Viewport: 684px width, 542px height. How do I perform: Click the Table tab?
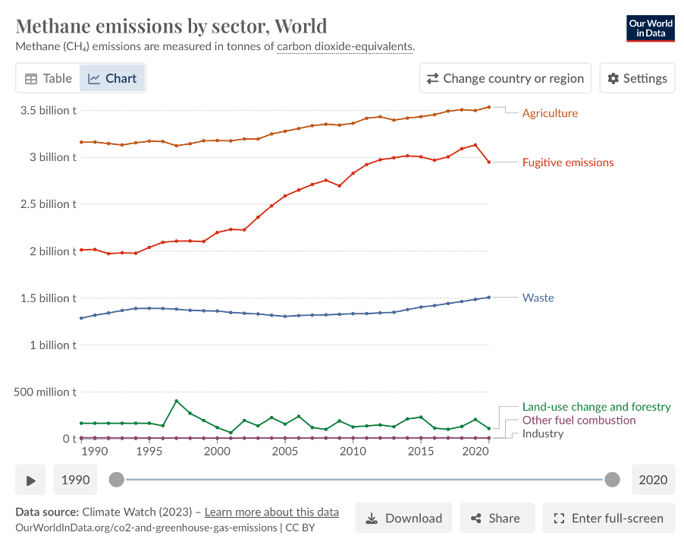[49, 78]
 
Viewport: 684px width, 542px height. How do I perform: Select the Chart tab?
[112, 78]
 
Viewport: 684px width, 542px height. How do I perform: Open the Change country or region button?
[506, 78]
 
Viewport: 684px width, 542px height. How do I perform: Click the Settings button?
[638, 78]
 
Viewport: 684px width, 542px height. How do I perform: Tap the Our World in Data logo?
[650, 29]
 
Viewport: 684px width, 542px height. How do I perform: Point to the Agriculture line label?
[550, 113]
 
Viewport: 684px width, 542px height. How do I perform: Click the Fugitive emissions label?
[568, 162]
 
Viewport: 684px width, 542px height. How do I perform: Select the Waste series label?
[538, 298]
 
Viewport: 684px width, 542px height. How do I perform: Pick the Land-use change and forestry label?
[597, 407]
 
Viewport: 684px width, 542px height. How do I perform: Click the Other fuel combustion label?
[579, 421]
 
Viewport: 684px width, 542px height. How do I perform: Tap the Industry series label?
[543, 434]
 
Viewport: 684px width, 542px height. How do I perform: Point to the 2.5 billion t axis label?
[47, 204]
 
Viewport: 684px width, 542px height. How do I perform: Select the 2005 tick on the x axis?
[284, 452]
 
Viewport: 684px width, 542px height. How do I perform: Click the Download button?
[403, 518]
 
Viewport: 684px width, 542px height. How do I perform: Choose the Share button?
[496, 518]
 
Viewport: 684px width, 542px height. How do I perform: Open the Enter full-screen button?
[609, 518]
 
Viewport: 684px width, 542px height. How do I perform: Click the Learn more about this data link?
[271, 512]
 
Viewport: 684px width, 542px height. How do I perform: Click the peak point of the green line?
[177, 401]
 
